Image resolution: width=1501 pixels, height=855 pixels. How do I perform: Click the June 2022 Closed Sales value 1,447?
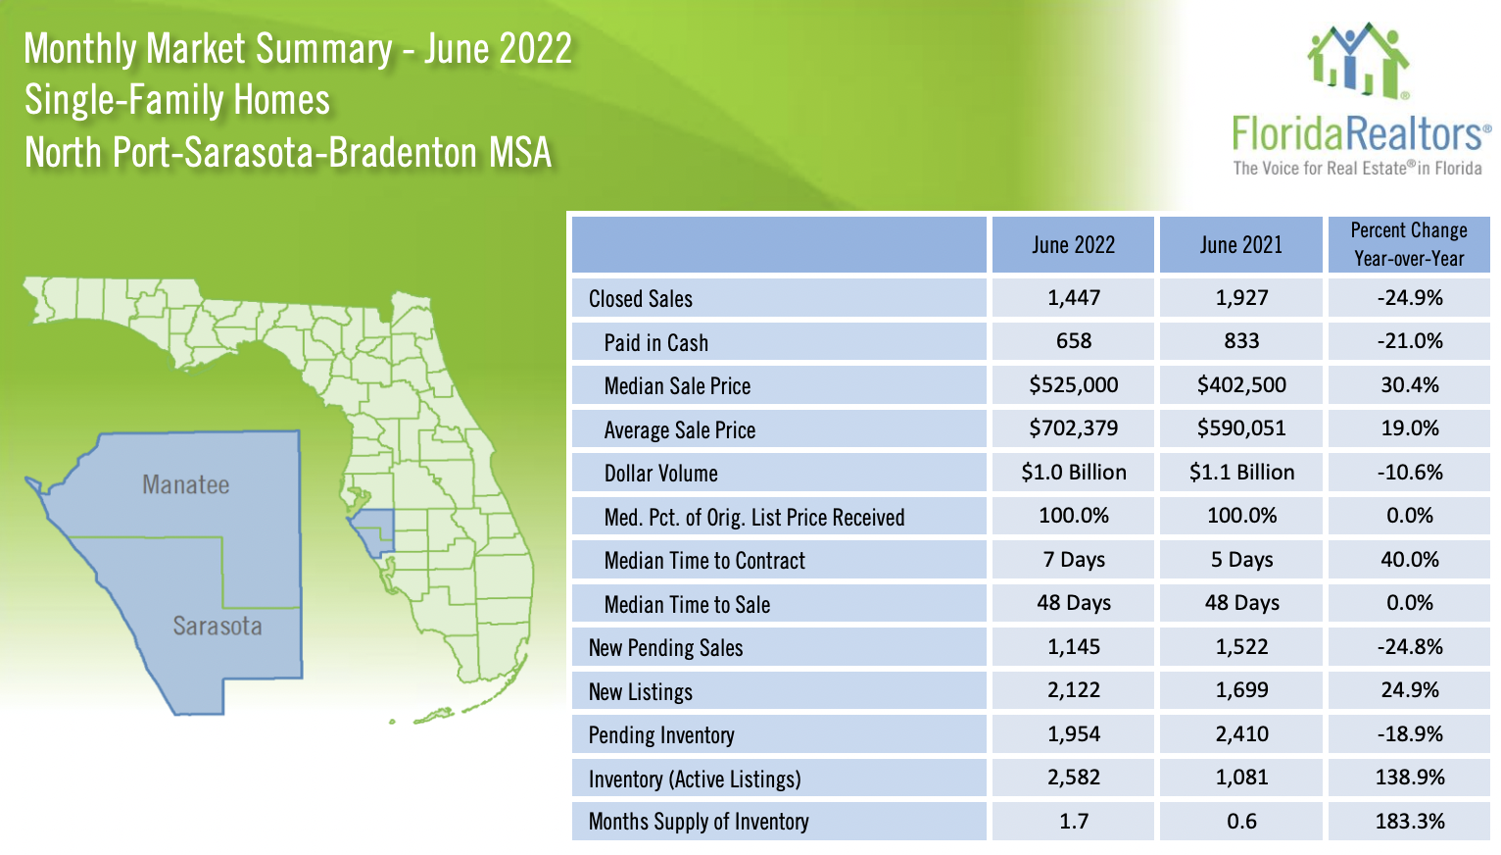point(1073,298)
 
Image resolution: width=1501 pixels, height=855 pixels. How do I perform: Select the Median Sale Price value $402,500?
point(1241,385)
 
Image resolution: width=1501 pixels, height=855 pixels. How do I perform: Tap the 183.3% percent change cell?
point(1409,822)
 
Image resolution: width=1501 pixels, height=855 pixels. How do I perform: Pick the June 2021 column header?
point(1241,245)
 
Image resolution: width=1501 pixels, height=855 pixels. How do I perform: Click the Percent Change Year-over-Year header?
point(1409,245)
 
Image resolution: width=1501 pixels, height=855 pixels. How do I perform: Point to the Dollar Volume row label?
point(660,474)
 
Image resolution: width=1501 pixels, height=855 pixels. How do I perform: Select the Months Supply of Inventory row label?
point(699,822)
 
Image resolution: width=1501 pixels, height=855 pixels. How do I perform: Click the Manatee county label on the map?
point(185,485)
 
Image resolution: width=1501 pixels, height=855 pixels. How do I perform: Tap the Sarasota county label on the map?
point(218,627)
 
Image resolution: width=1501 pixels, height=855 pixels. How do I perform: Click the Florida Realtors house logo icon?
point(1358,61)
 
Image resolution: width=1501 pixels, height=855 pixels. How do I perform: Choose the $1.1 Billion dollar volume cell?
point(1241,473)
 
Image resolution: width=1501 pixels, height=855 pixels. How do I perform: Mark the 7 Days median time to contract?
point(1073,560)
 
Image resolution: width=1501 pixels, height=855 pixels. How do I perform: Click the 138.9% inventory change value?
point(1409,778)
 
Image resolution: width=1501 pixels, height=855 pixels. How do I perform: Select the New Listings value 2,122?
point(1073,690)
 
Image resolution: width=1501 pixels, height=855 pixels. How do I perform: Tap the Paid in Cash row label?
point(655,343)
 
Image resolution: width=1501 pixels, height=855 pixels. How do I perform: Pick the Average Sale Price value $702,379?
point(1073,428)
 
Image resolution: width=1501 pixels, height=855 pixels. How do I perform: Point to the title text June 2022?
point(498,49)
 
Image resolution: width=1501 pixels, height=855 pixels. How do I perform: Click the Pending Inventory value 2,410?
point(1241,734)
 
